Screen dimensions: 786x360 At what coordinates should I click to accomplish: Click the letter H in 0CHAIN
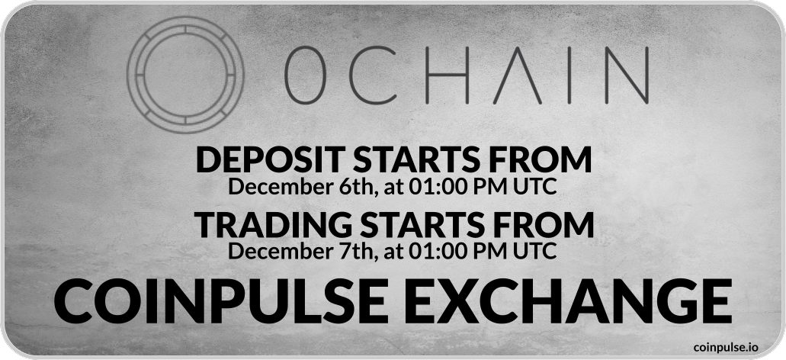click(x=447, y=76)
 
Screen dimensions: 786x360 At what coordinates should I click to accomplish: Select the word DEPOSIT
click(x=270, y=160)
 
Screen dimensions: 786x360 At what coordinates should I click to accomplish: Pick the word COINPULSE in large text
click(x=220, y=301)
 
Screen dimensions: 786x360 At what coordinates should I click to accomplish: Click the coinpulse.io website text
click(x=726, y=347)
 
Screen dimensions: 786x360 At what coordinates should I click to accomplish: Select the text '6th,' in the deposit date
click(x=358, y=187)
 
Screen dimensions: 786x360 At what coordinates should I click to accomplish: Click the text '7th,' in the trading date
click(x=358, y=251)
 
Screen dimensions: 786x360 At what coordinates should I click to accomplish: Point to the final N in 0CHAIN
click(x=627, y=76)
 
